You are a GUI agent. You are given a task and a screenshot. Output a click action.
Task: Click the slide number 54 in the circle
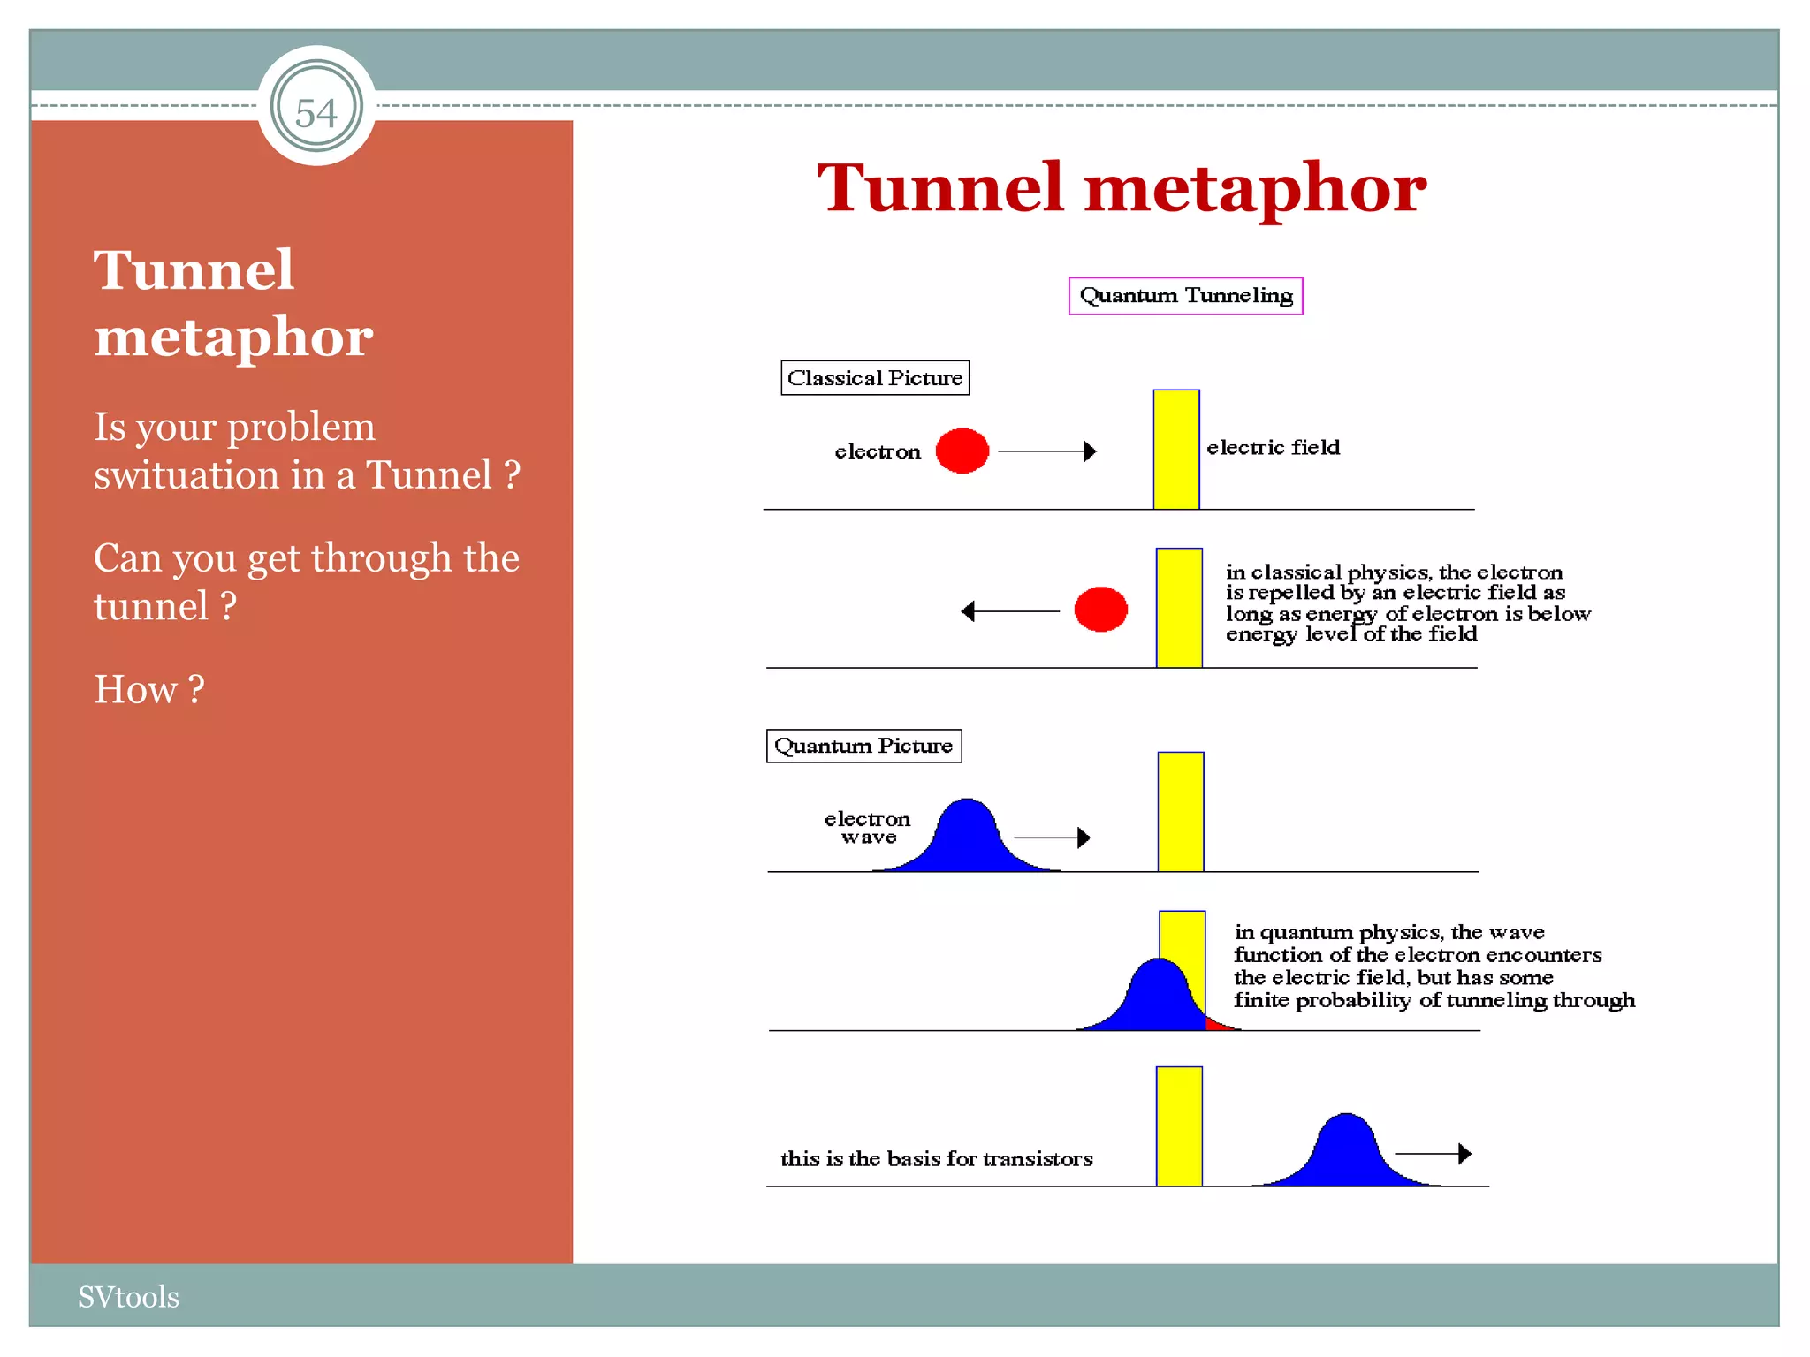tap(316, 112)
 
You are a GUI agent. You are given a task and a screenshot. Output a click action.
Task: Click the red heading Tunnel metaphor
tap(1121, 188)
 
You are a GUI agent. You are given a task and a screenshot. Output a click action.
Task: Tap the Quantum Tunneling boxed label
tap(1185, 296)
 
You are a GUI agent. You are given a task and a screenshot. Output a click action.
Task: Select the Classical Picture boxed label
tap(874, 378)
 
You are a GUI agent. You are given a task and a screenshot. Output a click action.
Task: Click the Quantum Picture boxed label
tap(863, 746)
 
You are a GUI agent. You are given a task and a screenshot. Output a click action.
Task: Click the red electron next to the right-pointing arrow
tap(962, 451)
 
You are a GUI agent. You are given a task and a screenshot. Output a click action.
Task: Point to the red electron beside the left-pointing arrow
tap(1100, 610)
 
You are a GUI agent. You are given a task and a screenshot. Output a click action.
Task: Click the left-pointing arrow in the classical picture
tap(1009, 611)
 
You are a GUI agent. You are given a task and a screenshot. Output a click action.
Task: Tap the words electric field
tap(1273, 448)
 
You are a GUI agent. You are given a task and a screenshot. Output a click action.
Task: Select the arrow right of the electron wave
tap(1052, 838)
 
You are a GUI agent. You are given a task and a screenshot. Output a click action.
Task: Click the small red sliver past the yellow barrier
tap(1219, 1025)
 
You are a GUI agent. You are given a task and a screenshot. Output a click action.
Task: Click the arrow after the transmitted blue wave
tap(1433, 1154)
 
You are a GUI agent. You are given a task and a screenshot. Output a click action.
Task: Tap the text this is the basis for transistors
tap(936, 1159)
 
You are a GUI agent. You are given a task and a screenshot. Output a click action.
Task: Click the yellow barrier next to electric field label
tap(1175, 450)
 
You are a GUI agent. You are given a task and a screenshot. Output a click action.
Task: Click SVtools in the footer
tap(128, 1297)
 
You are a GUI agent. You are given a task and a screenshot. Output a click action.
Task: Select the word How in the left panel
tap(136, 690)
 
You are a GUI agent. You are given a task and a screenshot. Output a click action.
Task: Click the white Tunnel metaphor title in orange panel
tap(232, 303)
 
